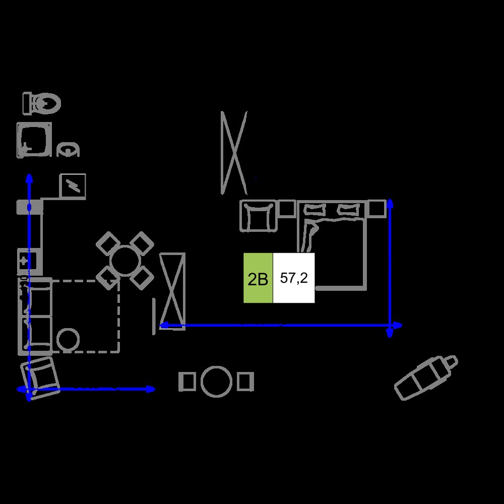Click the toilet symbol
[x=41, y=103]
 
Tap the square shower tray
[x=34, y=140]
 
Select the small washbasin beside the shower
[x=68, y=150]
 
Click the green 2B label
[x=258, y=278]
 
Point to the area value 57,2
[x=294, y=278]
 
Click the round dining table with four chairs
[x=124, y=261]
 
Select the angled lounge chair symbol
[x=426, y=377]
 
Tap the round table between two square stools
[x=216, y=382]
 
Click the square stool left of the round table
[x=187, y=382]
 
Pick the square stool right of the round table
[x=245, y=382]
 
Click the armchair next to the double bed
[x=258, y=216]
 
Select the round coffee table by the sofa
[x=68, y=340]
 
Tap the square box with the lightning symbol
[x=73, y=186]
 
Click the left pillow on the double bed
[x=314, y=210]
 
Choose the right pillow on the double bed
[x=348, y=210]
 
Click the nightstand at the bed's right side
[x=376, y=209]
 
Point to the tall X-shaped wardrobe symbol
[x=234, y=153]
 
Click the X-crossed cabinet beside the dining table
[x=172, y=291]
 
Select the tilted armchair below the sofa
[x=40, y=379]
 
